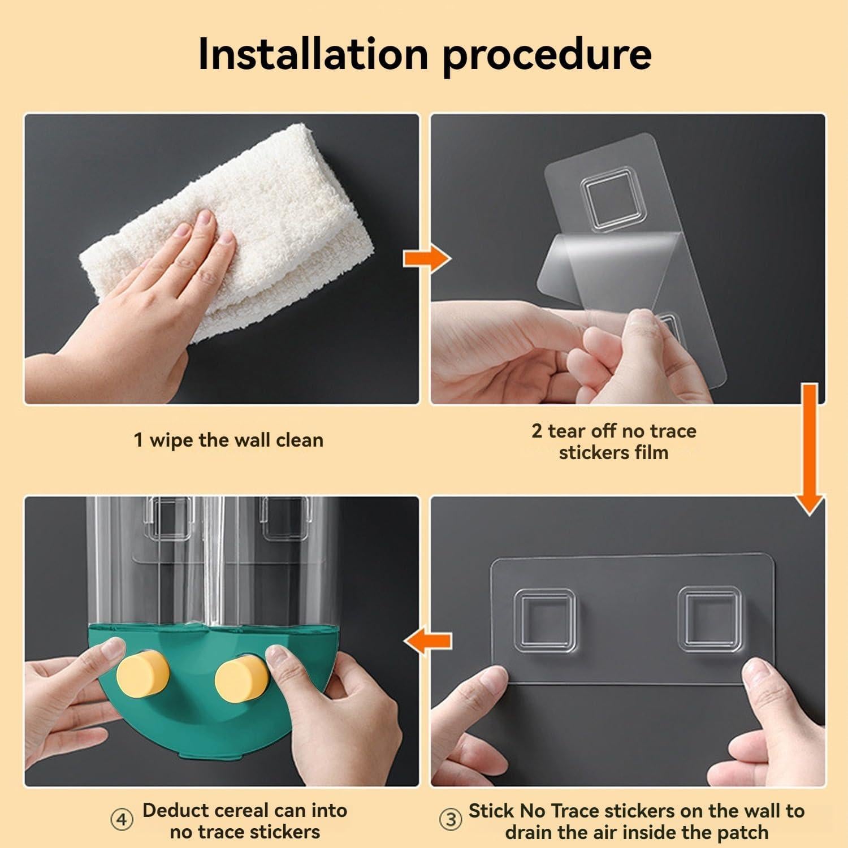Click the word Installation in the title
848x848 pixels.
pyautogui.click(x=313, y=54)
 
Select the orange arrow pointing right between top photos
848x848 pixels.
pyautogui.click(x=427, y=259)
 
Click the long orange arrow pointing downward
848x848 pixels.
pyautogui.click(x=810, y=449)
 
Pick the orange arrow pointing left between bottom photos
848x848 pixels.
pyautogui.click(x=427, y=641)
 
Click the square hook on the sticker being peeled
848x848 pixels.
pyautogui.click(x=607, y=199)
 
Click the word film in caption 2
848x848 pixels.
pyautogui.click(x=651, y=452)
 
